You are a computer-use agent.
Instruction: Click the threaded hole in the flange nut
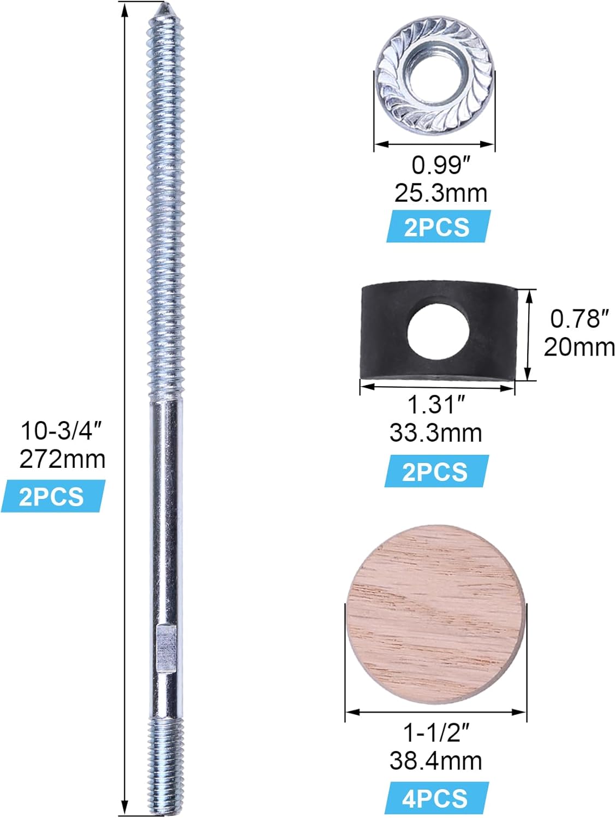[x=435, y=73]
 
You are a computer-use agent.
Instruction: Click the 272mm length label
[x=63, y=460]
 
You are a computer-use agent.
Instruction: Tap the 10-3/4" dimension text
[x=60, y=431]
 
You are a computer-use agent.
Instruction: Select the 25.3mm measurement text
[x=441, y=194]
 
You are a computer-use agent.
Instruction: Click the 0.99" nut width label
[x=442, y=165]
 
